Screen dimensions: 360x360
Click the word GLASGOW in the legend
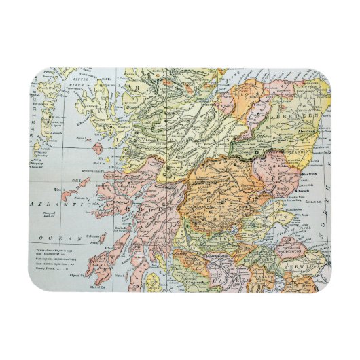pos(54,254)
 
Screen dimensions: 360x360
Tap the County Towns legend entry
pos(51,270)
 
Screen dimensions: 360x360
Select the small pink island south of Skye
pos(98,149)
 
